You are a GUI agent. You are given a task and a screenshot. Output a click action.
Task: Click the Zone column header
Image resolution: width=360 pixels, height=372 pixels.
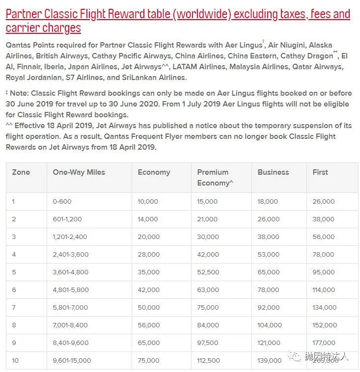[21, 172]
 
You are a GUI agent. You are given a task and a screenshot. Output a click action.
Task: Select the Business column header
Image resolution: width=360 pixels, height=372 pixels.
[273, 172]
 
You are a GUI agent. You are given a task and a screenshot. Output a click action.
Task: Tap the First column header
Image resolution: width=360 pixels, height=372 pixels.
[320, 172]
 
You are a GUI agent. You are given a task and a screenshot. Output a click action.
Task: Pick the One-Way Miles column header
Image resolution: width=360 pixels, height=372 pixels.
[79, 172]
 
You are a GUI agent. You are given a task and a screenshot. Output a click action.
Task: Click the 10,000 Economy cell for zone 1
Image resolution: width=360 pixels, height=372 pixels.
[148, 201]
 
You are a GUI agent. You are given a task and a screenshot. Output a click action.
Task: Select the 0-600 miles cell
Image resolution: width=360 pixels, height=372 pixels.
[62, 201]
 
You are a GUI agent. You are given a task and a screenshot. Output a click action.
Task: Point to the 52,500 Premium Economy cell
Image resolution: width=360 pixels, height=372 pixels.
[208, 272]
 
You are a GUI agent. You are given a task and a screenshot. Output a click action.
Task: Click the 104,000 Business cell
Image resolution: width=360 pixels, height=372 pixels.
[270, 325]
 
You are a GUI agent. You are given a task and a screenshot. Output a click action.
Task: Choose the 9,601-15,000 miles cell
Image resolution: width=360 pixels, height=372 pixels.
[72, 360]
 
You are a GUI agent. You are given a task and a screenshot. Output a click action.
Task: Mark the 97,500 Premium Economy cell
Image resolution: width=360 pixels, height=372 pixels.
[208, 343]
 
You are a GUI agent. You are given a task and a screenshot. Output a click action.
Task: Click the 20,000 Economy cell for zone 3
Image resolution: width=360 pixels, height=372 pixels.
[148, 237]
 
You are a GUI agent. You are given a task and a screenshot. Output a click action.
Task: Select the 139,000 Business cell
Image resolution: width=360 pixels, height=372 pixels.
[270, 360]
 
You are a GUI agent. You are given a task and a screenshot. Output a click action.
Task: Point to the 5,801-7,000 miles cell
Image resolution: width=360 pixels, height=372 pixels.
[70, 307]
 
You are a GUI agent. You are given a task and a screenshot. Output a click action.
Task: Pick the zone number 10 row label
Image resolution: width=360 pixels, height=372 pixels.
[15, 360]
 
